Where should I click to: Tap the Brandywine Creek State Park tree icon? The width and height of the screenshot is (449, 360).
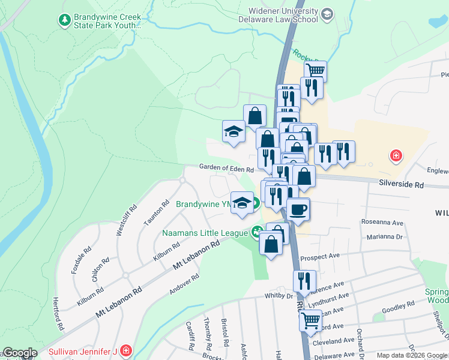tap(64, 20)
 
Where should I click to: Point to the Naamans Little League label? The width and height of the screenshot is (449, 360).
tap(205, 233)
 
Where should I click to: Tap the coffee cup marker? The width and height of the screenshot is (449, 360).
tap(297, 209)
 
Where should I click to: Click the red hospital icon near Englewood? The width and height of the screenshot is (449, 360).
tap(396, 157)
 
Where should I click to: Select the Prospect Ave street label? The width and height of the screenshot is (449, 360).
tap(320, 256)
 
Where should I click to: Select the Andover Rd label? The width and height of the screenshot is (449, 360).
tap(184, 284)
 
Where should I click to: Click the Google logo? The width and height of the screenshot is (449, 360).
tap(20, 353)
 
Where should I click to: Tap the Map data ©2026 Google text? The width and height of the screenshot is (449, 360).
tap(411, 355)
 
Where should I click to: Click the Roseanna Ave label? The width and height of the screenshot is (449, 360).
tap(382, 221)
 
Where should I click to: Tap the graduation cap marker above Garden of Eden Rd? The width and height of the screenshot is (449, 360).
tap(233, 132)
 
